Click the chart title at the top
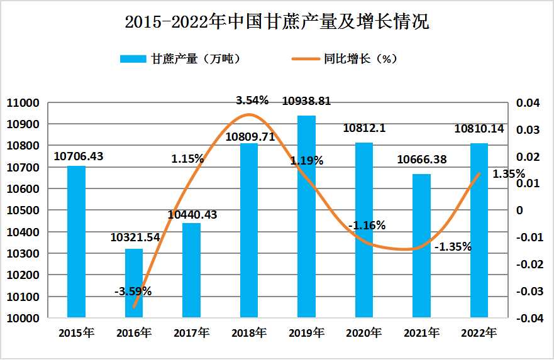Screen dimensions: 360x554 277,23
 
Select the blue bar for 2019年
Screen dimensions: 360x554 306,217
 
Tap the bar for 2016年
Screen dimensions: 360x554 134,283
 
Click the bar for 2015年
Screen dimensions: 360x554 76,241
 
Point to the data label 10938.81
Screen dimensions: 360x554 306,101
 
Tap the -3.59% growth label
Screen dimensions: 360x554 133,291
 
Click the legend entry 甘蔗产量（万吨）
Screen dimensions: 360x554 180,59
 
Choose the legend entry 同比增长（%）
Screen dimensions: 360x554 345,59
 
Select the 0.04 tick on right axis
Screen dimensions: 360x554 527,103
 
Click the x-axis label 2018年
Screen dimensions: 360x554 248,332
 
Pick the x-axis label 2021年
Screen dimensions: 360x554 421,332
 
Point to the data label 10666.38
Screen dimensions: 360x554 422,160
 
